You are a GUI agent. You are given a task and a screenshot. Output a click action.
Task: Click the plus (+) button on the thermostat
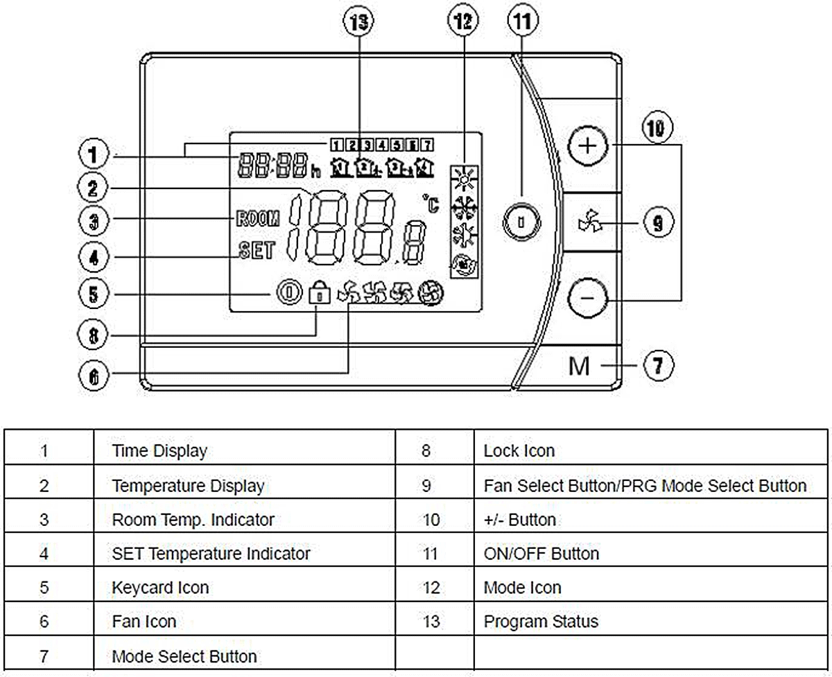(587, 146)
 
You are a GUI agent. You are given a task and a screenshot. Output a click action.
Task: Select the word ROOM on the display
(257, 220)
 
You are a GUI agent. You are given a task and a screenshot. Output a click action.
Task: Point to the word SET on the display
(257, 250)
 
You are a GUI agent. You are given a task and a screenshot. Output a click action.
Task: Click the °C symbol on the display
(431, 204)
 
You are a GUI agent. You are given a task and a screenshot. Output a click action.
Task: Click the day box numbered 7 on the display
(428, 145)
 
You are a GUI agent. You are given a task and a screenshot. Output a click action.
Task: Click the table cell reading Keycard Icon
(160, 588)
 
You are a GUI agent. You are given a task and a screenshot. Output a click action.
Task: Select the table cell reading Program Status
(541, 621)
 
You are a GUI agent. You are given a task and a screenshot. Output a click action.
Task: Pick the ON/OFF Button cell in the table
(541, 554)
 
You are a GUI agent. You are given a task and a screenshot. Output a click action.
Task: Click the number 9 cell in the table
(426, 486)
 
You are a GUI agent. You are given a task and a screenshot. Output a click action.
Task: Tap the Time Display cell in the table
(159, 451)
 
